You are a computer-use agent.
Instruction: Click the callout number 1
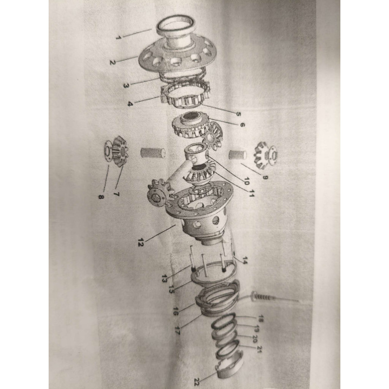[x=118, y=38]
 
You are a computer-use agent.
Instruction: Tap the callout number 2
[x=113, y=62]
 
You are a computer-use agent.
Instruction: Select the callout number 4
[x=130, y=104]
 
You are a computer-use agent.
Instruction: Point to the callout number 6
[x=242, y=124]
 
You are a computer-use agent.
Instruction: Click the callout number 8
[x=100, y=197]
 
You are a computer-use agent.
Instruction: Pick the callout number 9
[x=265, y=177]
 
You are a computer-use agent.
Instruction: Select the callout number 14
[x=245, y=261]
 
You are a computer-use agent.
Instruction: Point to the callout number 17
[x=177, y=331]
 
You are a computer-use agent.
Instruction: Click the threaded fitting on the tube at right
[x=262, y=296]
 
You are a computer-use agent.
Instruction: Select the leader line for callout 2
[x=127, y=59]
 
